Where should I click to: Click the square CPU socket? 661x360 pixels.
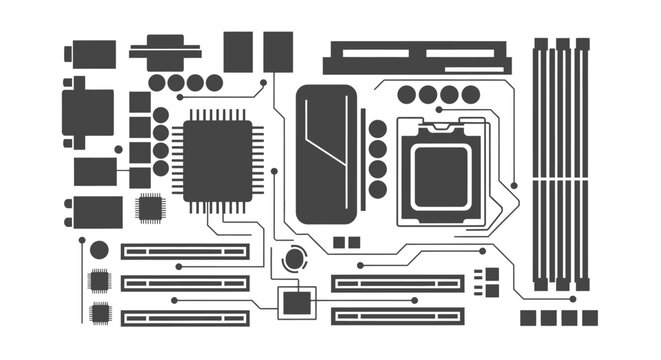[x=440, y=171]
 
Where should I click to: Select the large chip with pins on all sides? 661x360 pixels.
[x=217, y=160]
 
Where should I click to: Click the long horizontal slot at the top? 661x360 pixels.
[x=416, y=56]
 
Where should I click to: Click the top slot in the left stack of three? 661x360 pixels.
[x=185, y=251]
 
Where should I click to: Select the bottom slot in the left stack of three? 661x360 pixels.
[x=185, y=317]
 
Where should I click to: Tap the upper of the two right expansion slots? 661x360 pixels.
[x=398, y=283]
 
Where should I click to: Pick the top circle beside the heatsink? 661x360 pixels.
[x=377, y=128]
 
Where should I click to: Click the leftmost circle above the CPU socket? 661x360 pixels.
[x=406, y=95]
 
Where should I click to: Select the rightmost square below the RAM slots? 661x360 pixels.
[x=590, y=318]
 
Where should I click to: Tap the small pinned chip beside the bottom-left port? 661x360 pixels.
[x=150, y=208]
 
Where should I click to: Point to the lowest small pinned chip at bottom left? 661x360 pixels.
[x=99, y=313]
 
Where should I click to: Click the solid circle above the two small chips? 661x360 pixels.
[x=99, y=250]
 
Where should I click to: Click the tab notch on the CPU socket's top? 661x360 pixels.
[x=440, y=129]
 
